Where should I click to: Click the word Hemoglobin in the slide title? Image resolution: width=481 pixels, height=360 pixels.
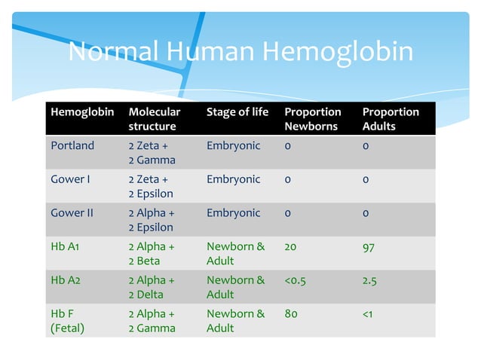click(338, 52)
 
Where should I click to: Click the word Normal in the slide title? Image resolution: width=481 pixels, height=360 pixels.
click(113, 52)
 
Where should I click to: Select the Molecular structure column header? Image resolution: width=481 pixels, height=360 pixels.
click(155, 119)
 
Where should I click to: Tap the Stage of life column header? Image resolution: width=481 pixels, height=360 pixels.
click(237, 112)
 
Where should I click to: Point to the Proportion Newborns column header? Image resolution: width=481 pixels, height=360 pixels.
click(312, 119)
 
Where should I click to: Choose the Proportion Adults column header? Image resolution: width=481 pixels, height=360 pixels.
click(391, 119)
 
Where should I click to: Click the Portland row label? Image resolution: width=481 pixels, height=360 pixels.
click(72, 145)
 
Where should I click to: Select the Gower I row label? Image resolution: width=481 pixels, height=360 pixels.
click(71, 179)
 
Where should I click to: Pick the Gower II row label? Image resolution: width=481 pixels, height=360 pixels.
click(72, 212)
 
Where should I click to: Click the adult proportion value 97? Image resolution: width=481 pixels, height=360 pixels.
click(369, 246)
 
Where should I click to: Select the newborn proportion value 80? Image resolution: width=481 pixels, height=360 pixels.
click(291, 314)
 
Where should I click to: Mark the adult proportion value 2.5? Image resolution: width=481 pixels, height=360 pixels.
click(369, 280)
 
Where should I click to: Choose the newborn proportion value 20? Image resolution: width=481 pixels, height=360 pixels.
click(291, 246)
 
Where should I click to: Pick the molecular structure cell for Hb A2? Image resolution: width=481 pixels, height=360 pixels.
click(151, 287)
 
